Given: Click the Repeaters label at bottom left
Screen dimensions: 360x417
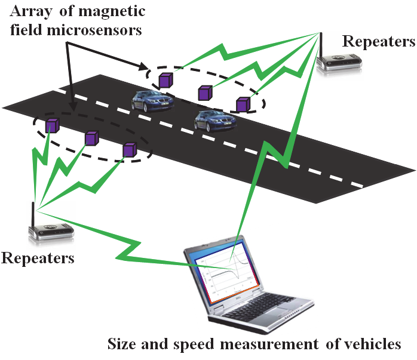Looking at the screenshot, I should [x=38, y=258].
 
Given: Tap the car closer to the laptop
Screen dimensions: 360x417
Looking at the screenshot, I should [x=214, y=121].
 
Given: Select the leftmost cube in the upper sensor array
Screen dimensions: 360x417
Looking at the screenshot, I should [x=165, y=79].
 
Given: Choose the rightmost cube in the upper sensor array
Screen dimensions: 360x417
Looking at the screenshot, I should [x=243, y=105].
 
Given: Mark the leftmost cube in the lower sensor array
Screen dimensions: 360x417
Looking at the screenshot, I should [x=53, y=126].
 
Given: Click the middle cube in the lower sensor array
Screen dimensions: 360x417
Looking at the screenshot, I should [x=91, y=139].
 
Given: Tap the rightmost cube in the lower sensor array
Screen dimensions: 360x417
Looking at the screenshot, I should [x=129, y=150].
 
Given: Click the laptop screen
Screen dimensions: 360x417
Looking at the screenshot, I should [x=228, y=272].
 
